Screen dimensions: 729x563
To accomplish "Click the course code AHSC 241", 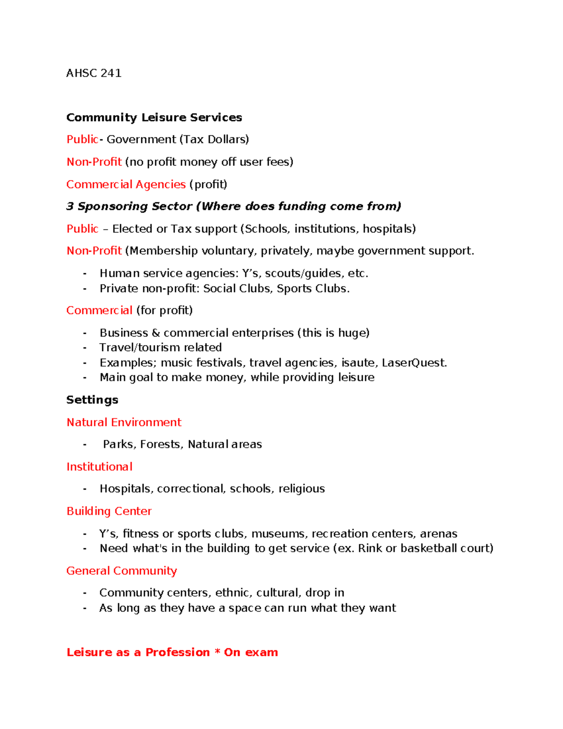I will tap(94, 73).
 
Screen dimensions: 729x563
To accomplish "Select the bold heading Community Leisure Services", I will tap(154, 117).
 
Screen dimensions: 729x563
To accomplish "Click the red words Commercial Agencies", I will tap(126, 184).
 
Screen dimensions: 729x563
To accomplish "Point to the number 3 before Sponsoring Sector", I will tap(70, 207).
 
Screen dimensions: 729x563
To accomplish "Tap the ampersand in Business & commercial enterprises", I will tap(156, 333).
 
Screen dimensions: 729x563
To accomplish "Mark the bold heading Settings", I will tap(92, 400).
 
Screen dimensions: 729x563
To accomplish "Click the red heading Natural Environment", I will tap(124, 422).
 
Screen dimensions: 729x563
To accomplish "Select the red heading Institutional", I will tap(99, 467).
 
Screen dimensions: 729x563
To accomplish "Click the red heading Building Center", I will tap(109, 511).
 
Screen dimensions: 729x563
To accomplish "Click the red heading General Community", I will tap(122, 571).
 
